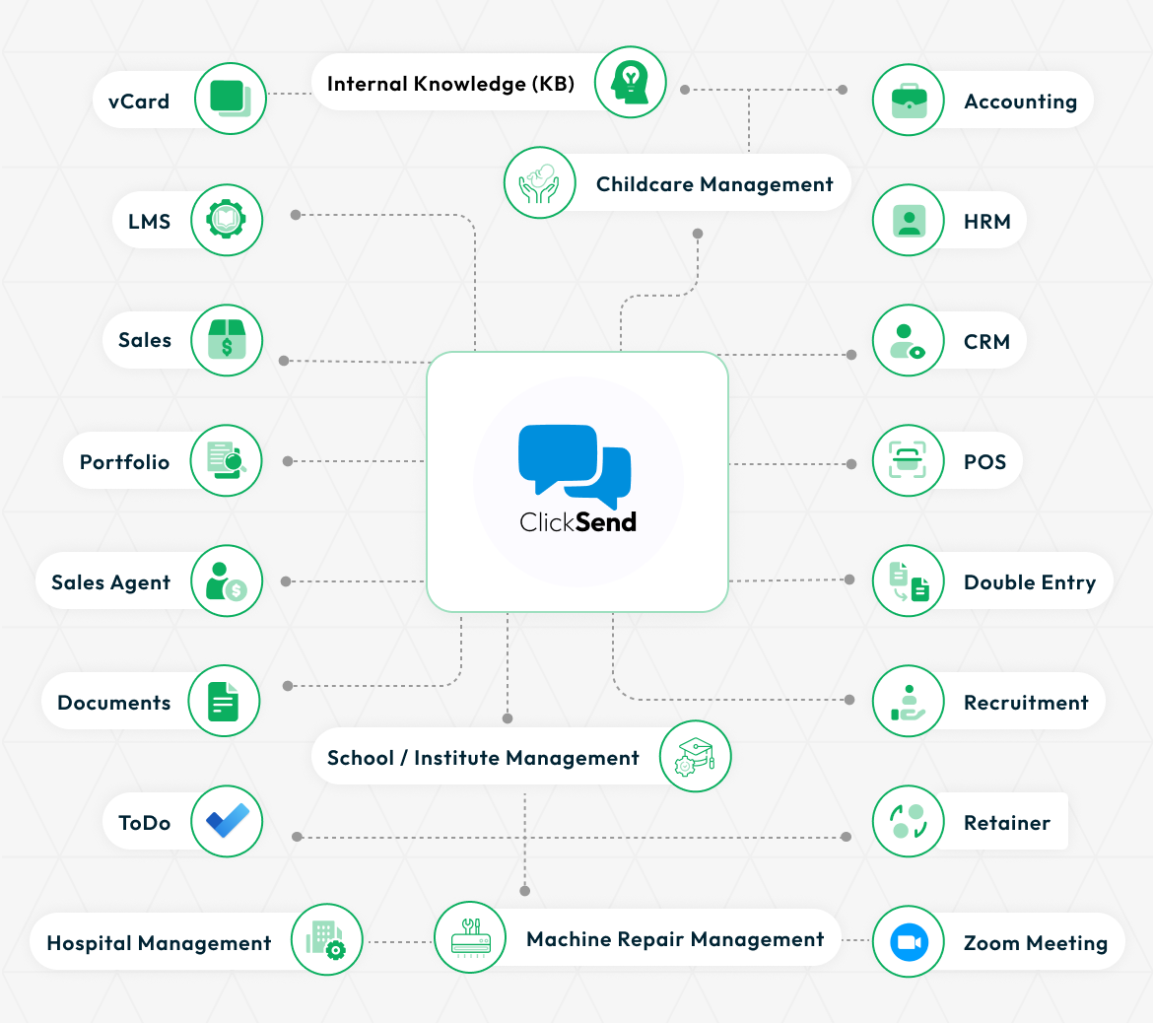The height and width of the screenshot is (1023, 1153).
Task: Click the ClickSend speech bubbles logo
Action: tap(575, 466)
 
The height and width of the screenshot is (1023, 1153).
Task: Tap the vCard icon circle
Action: tap(231, 99)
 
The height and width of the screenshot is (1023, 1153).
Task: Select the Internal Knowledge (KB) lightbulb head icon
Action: tap(630, 82)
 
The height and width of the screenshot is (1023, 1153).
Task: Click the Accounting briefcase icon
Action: tap(909, 100)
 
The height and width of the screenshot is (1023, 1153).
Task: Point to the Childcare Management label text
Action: tap(714, 184)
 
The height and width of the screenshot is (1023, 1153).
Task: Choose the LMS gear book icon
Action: tap(227, 220)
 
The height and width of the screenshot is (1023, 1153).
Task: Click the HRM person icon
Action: tap(909, 220)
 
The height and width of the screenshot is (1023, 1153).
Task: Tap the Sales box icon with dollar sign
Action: tap(227, 339)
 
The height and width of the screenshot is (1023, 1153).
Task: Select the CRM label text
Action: tap(986, 341)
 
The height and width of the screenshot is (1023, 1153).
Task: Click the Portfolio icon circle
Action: tap(226, 460)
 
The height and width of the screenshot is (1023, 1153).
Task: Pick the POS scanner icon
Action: tap(908, 459)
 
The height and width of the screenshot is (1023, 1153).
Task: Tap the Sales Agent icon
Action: tap(226, 581)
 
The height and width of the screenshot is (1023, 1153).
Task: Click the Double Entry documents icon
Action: tap(909, 581)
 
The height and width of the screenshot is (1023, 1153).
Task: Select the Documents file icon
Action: tap(224, 701)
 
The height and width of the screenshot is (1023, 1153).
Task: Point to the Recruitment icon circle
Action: tap(909, 701)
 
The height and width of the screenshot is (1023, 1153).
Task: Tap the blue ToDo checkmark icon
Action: tap(228, 821)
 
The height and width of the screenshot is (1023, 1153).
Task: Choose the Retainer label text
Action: tap(1007, 822)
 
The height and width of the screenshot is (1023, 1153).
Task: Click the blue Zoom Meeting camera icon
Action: tap(909, 941)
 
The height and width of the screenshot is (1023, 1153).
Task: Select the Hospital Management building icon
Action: tap(327, 939)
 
